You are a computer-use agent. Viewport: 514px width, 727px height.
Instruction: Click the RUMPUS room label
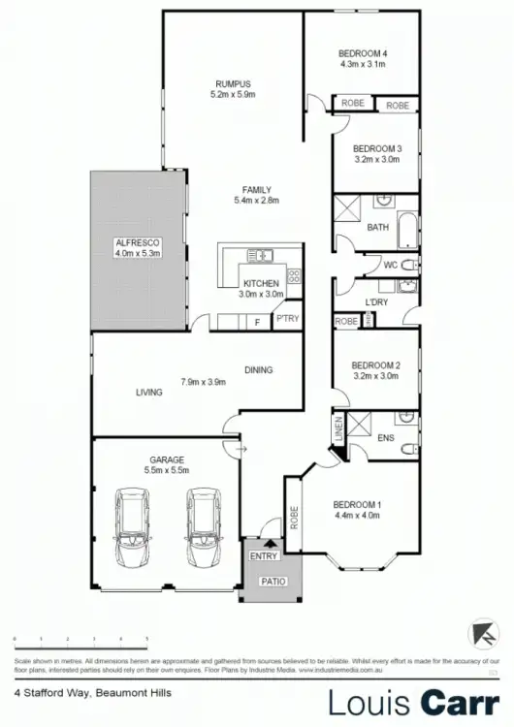point(233,84)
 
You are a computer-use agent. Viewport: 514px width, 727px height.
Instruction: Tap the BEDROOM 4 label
point(363,52)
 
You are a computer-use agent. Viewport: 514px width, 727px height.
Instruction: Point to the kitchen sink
point(259,255)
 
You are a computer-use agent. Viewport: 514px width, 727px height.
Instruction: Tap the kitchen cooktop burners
point(294,276)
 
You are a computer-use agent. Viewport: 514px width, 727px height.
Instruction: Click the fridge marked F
point(256,321)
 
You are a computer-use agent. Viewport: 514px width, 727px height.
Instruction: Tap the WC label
point(390,264)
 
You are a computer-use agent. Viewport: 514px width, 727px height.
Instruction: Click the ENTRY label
point(263,555)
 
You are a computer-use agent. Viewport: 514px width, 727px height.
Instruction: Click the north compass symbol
point(479,632)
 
